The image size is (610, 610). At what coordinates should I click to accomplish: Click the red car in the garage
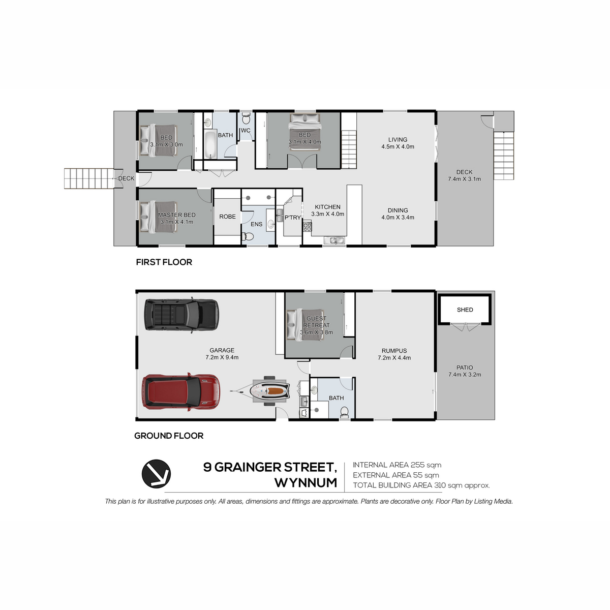coord(181,392)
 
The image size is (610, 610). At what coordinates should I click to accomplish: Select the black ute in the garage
coord(181,315)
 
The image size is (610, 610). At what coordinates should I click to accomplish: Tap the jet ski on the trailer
coord(270,391)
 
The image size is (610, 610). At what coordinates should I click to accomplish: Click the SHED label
coord(465,310)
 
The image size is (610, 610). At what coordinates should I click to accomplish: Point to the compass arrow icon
coord(156,474)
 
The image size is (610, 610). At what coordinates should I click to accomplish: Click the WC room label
coord(246,131)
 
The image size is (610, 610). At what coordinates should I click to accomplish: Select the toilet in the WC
coord(246,119)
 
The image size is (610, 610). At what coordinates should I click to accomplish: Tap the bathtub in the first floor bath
coord(209,145)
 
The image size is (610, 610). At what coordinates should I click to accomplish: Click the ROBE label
coord(227,217)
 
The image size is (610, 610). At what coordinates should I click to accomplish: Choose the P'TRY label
coord(292,218)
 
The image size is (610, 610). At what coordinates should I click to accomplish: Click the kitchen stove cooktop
coord(308,227)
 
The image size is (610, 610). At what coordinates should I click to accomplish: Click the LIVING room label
coord(398,140)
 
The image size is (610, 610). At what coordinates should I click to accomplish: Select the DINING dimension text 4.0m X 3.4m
coord(398,218)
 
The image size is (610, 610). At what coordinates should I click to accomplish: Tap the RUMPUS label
coord(394,351)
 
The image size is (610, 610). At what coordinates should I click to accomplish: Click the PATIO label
coord(465,368)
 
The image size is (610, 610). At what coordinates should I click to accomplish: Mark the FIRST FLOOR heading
coord(164,262)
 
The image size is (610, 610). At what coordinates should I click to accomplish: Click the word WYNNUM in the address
coord(306,483)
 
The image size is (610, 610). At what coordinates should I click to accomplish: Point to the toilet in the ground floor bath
coord(344,412)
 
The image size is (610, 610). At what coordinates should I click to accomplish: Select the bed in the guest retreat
coord(306,325)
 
